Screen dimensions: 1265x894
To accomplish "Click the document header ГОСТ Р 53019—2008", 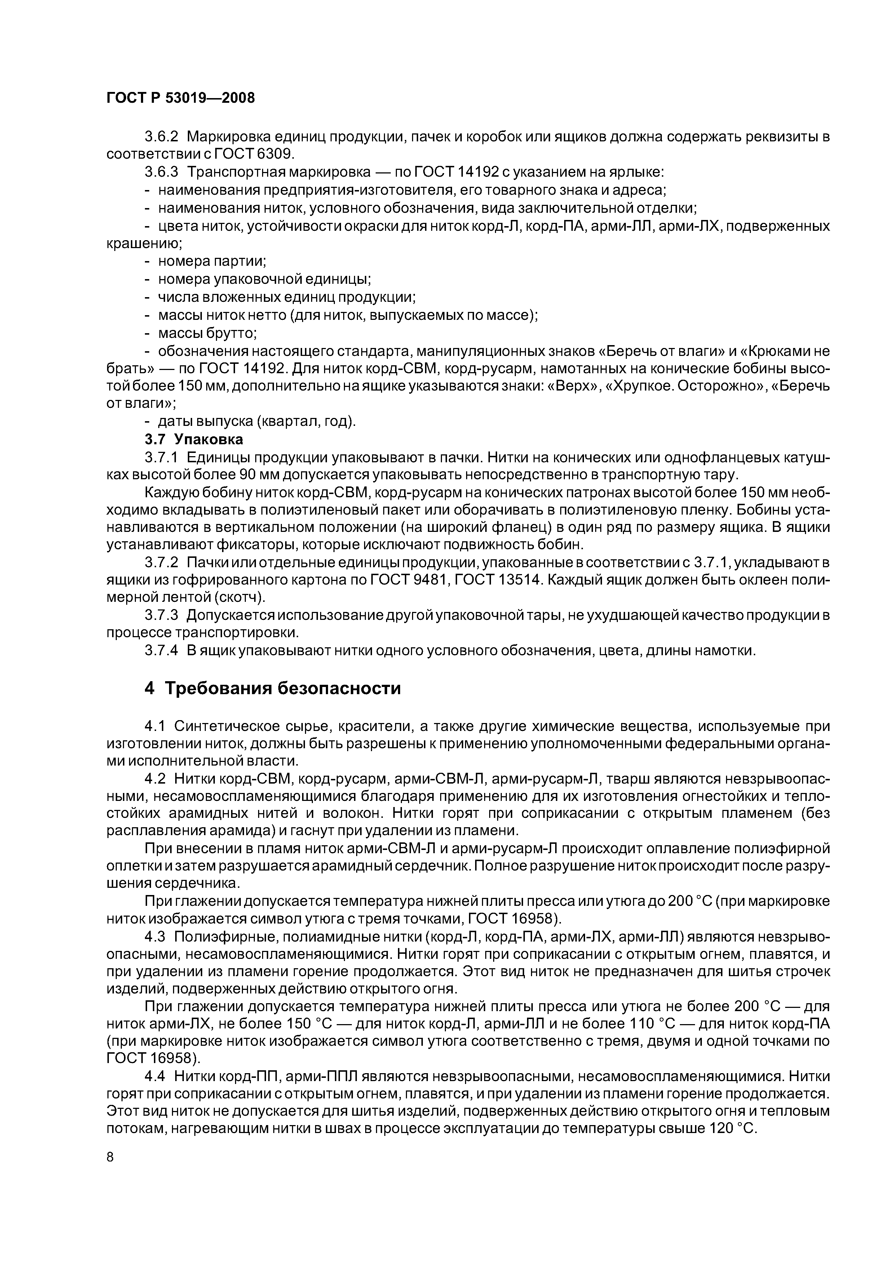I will point(180,98).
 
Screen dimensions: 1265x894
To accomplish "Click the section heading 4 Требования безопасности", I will point(272,688).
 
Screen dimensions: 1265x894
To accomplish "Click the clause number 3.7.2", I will point(161,563).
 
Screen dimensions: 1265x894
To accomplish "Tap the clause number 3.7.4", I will point(161,650).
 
